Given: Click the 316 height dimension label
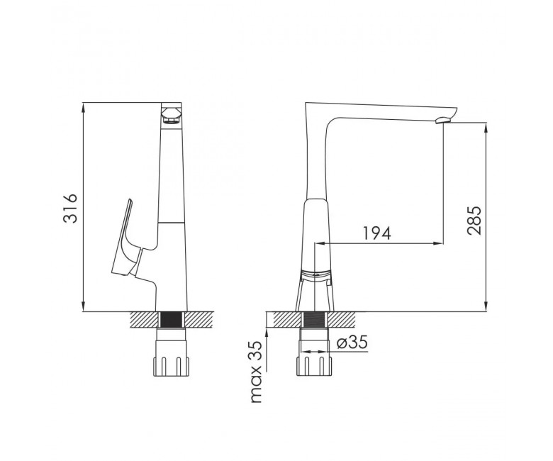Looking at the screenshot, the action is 69,208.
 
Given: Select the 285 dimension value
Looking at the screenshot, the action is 474,221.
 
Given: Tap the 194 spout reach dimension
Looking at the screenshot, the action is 377,233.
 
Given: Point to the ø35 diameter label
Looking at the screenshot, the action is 352,342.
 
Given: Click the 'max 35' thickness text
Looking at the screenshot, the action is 257,372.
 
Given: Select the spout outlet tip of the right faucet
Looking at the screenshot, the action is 443,121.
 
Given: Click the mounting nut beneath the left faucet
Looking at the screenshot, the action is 171,367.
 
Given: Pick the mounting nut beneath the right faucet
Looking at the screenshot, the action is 314,366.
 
